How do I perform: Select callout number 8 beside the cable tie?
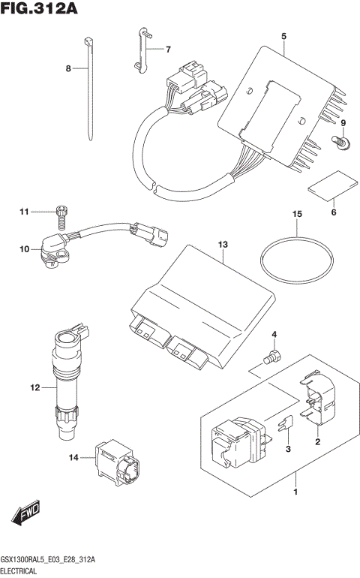click(x=67, y=68)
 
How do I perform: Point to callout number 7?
click(x=168, y=50)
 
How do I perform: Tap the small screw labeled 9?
click(x=340, y=140)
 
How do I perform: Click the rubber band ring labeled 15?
click(x=297, y=262)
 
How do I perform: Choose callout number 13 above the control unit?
click(x=222, y=245)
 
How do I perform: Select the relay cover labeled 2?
click(x=318, y=398)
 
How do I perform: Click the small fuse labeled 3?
click(x=283, y=428)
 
